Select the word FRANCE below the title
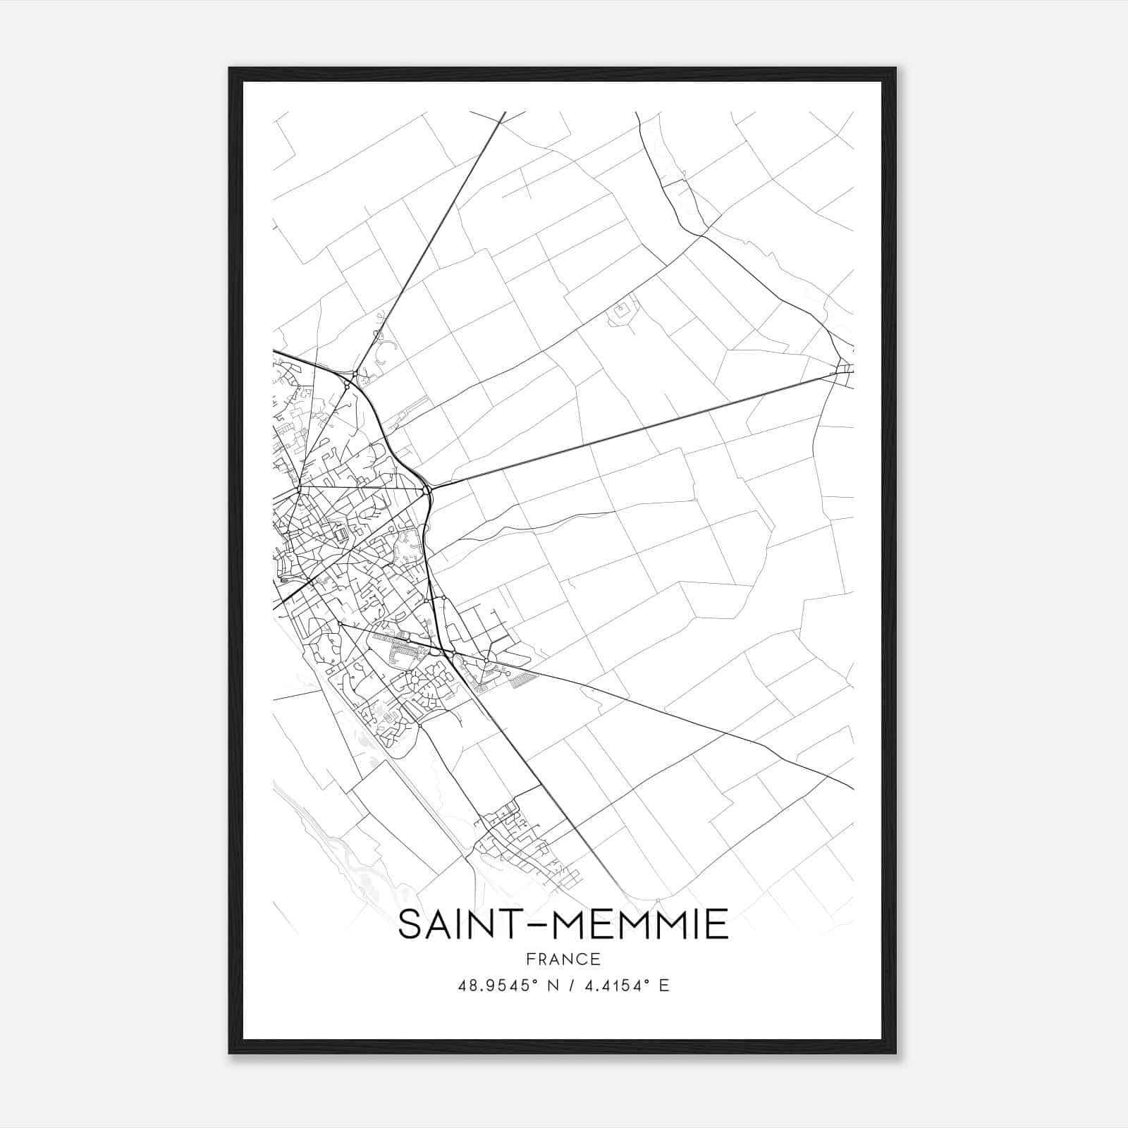tap(563, 959)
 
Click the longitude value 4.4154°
tap(613, 986)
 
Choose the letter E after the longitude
tap(663, 986)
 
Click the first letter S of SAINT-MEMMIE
tap(410, 924)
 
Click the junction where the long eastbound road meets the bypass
tap(429, 487)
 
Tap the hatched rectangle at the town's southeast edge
tap(524, 680)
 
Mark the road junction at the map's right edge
tap(843, 367)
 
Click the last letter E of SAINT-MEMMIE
tap(718, 924)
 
